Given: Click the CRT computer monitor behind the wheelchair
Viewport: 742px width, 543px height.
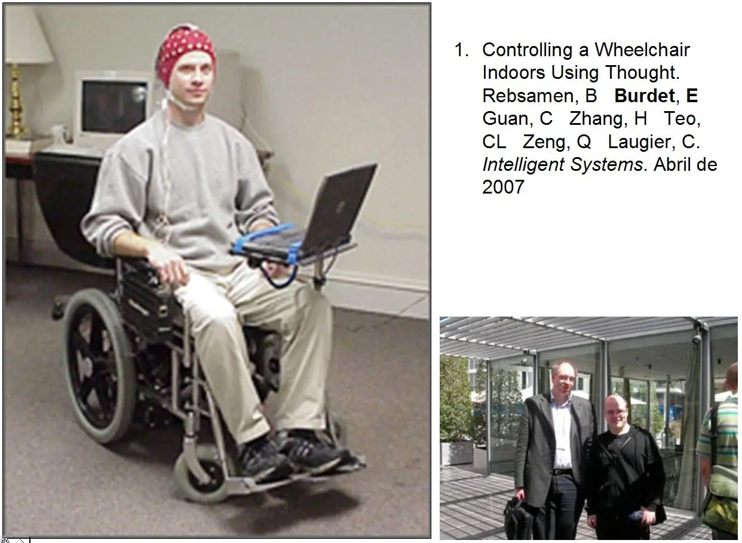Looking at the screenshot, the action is coord(114,107).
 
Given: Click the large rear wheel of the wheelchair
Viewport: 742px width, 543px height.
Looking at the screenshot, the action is coord(99,365).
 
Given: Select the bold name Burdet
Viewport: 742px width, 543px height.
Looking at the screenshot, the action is coord(644,96).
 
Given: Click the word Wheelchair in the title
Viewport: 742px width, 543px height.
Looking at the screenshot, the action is coord(642,50).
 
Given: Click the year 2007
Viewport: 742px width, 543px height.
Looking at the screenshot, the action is coord(503,187).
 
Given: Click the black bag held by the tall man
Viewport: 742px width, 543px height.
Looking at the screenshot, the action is coord(518,521).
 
